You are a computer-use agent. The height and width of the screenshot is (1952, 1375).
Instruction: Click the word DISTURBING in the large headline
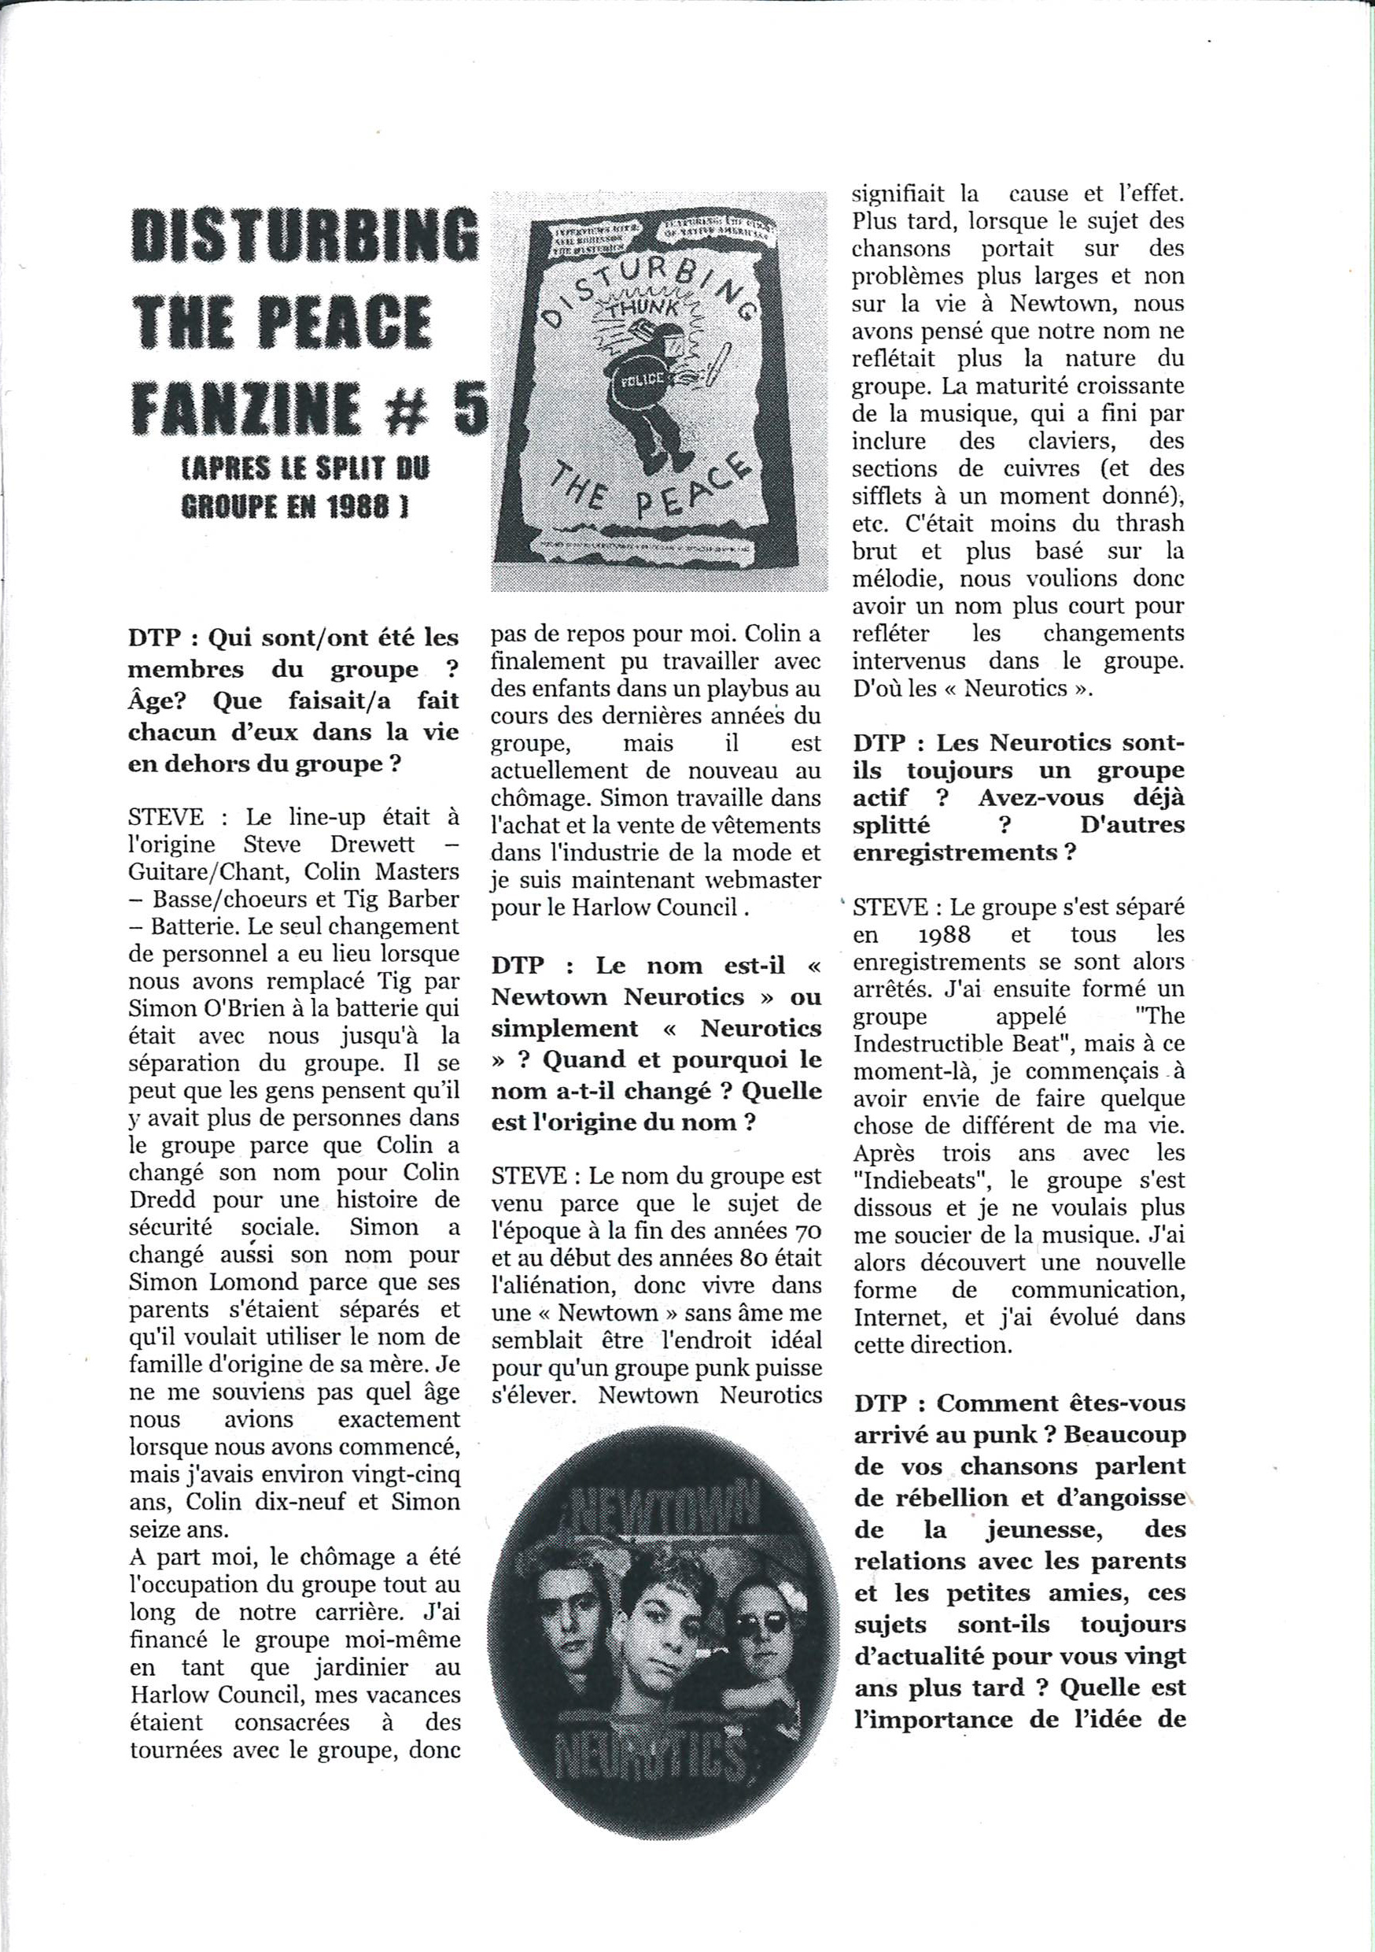[x=304, y=234]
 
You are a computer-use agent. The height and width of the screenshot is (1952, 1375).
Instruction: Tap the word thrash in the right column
[x=1142, y=523]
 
